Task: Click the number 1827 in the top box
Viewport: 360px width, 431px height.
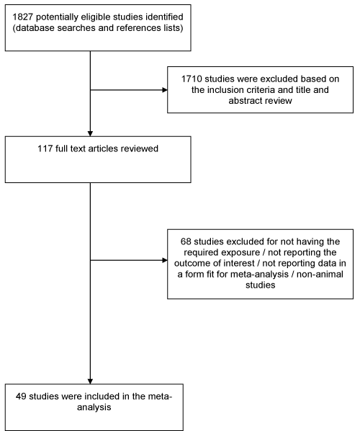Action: point(23,17)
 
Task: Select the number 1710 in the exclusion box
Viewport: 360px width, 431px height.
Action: point(192,79)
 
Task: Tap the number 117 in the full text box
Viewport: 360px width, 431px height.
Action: point(45,148)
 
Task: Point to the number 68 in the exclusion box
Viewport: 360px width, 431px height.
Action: point(186,241)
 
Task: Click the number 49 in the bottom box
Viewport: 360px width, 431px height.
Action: point(21,396)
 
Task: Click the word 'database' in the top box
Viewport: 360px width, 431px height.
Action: point(35,28)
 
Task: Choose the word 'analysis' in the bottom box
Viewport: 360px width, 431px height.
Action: point(94,407)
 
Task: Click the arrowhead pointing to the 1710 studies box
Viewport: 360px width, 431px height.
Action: point(165,90)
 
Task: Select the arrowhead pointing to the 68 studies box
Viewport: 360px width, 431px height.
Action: point(165,260)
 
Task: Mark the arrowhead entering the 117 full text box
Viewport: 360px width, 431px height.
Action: point(90,134)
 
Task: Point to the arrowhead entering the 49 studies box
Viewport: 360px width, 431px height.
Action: point(90,381)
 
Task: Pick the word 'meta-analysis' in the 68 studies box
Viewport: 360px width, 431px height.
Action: point(259,275)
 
